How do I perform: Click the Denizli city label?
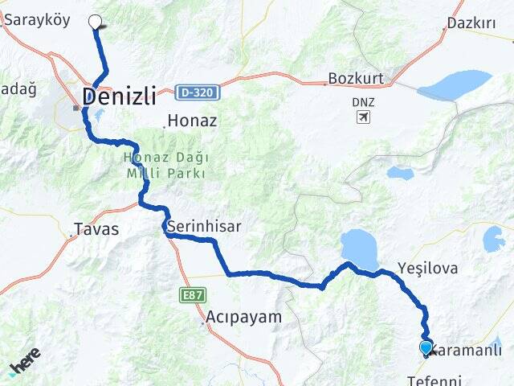[x=118, y=96]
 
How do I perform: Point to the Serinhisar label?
[x=204, y=227]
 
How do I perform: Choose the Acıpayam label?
[x=244, y=316]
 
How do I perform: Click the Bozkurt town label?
[x=357, y=79]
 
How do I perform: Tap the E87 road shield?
[x=193, y=295]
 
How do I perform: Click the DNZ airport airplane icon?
[x=364, y=118]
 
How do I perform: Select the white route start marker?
[x=95, y=22]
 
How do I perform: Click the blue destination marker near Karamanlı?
[x=426, y=347]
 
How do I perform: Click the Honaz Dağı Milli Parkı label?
[x=165, y=166]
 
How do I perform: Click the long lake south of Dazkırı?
[x=454, y=84]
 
